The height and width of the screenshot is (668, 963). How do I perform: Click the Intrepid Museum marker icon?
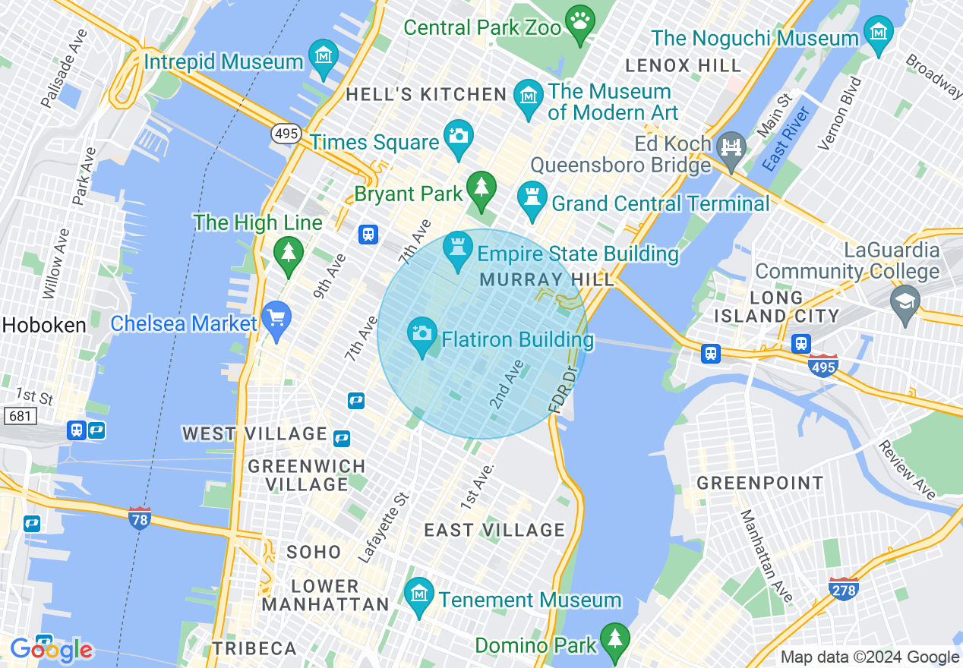point(324,58)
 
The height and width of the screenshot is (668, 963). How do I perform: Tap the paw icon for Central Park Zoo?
point(581,24)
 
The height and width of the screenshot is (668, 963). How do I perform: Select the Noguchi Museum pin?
point(879,33)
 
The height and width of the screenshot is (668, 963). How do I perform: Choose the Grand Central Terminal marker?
point(532,199)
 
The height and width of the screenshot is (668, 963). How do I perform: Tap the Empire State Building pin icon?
point(457,250)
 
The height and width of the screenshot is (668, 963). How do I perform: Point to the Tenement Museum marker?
point(418,595)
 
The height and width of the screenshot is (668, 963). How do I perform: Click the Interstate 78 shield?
point(139,517)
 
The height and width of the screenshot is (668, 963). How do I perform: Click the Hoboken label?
point(44,325)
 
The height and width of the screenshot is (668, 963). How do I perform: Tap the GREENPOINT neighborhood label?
point(760,483)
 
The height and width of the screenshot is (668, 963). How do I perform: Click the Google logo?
point(52,650)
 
